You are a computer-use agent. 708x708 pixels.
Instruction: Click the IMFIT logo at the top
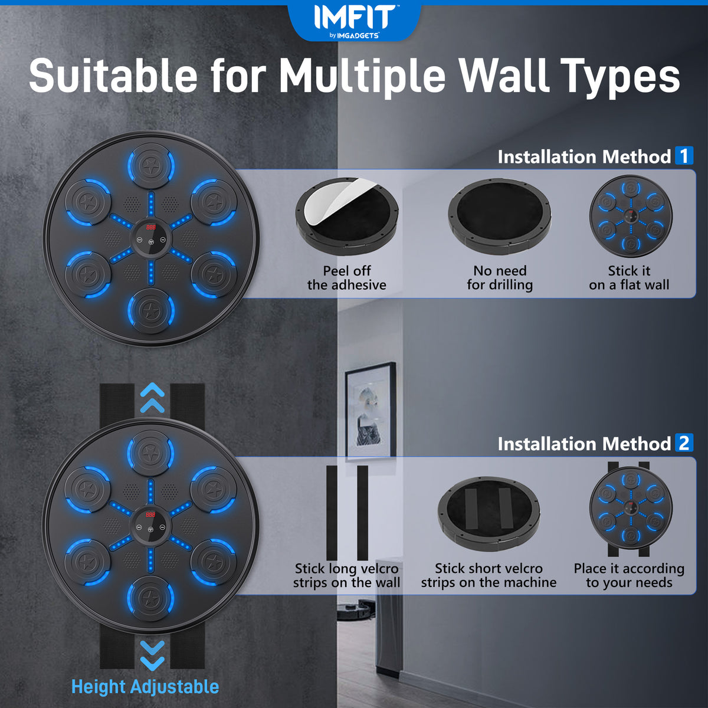click(x=354, y=21)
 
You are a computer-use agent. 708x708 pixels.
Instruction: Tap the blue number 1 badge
click(x=684, y=155)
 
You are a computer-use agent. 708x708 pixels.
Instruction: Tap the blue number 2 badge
click(x=684, y=442)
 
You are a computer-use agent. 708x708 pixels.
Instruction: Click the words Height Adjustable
click(x=145, y=686)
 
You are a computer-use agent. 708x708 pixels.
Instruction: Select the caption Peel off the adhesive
click(x=347, y=278)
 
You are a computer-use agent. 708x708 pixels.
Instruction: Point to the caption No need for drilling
click(x=500, y=278)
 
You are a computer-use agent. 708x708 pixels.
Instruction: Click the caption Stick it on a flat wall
click(x=629, y=278)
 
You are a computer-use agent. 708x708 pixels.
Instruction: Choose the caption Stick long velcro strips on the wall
click(x=346, y=575)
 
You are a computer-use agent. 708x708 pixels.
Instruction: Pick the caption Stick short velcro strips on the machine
click(x=489, y=575)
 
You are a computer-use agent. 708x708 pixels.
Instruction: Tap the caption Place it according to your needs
click(x=629, y=575)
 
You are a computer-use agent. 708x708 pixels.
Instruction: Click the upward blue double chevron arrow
click(x=152, y=398)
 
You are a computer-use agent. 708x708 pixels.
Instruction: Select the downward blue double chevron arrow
click(x=152, y=656)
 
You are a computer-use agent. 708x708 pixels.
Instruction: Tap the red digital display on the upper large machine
click(x=150, y=227)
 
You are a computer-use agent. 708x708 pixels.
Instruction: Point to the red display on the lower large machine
click(x=150, y=514)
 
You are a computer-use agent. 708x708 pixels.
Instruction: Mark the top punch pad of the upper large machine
click(x=150, y=165)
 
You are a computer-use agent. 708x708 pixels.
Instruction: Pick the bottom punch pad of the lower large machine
click(x=150, y=596)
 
